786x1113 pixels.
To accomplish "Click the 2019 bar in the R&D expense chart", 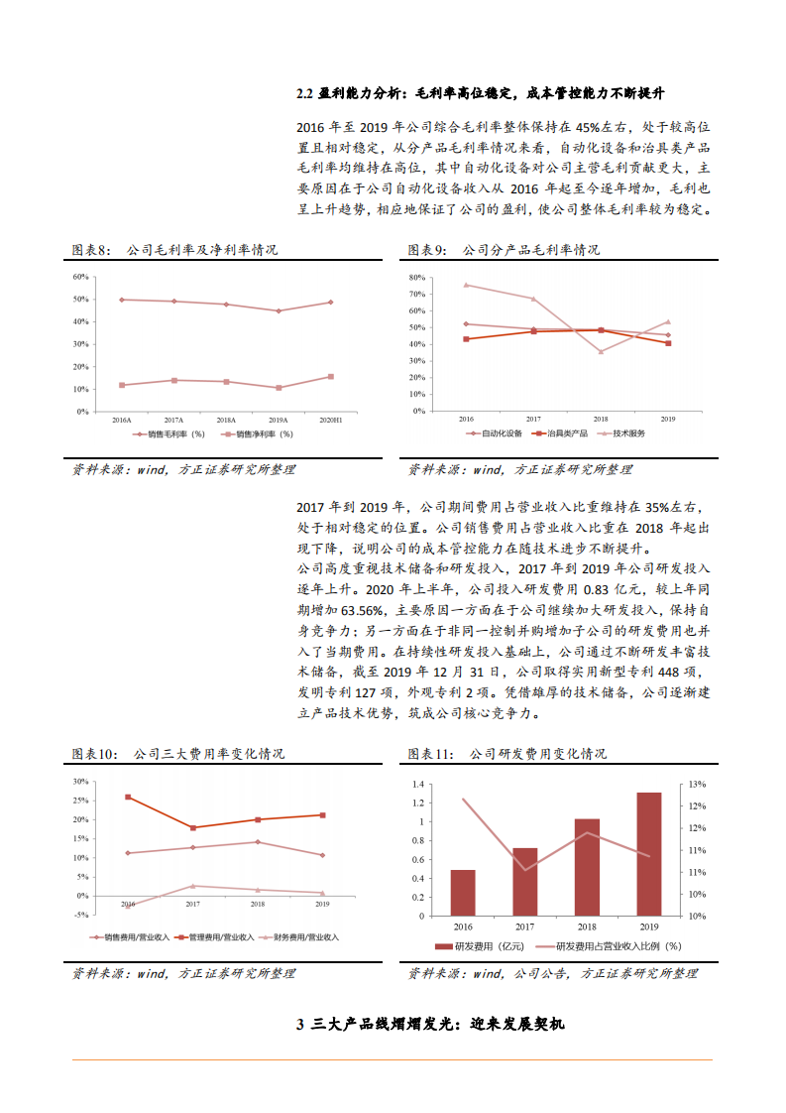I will point(648,853).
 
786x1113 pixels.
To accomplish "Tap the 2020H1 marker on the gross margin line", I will point(330,303).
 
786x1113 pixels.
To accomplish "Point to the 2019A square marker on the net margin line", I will point(279,388).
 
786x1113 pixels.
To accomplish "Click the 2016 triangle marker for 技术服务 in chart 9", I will point(466,285).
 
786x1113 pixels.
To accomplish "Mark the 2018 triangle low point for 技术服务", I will point(600,351).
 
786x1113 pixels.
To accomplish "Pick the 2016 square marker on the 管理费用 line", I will point(128,797).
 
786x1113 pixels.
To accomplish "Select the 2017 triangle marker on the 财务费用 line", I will point(192,886).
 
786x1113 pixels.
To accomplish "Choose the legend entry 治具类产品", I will point(560,433).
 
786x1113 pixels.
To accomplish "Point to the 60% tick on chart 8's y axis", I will point(81,277).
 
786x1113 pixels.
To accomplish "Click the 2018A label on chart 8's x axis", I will point(226,421).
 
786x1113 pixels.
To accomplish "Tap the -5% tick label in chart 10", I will point(81,915).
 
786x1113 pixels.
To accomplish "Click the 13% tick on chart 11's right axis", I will point(698,784).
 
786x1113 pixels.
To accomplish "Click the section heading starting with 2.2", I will point(481,93).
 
